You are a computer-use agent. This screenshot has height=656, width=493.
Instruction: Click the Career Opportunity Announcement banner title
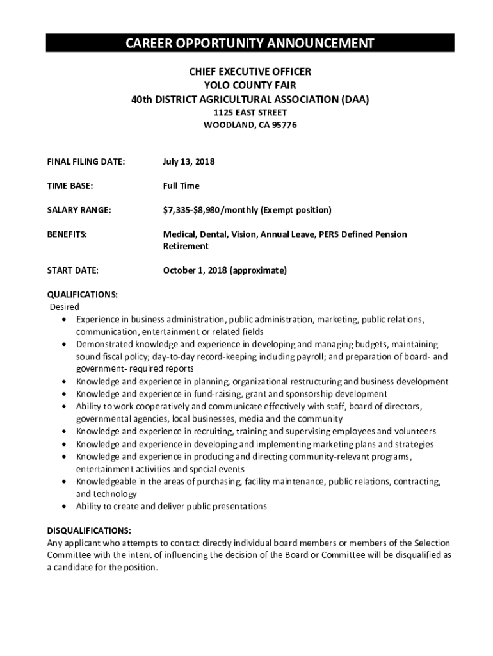[250, 44]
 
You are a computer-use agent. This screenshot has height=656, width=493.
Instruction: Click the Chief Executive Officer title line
[250, 72]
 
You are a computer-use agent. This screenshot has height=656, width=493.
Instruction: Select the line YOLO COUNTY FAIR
[250, 86]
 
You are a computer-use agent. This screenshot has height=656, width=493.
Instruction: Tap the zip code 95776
[284, 126]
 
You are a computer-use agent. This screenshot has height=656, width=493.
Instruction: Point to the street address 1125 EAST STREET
[250, 113]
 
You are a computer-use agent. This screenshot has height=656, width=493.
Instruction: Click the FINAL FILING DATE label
[86, 162]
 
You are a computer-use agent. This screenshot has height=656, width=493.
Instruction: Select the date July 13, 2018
[189, 162]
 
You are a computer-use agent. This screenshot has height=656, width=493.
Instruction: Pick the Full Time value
[181, 186]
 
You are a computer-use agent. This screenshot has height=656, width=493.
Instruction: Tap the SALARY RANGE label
[79, 210]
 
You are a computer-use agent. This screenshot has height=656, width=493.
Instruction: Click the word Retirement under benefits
[186, 246]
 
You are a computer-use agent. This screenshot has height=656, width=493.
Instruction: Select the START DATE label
[73, 270]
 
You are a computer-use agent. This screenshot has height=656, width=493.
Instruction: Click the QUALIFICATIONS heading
[83, 295]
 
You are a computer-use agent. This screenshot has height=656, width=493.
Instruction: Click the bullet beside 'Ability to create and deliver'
[65, 507]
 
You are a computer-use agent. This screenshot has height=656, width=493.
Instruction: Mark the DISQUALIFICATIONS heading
[90, 531]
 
